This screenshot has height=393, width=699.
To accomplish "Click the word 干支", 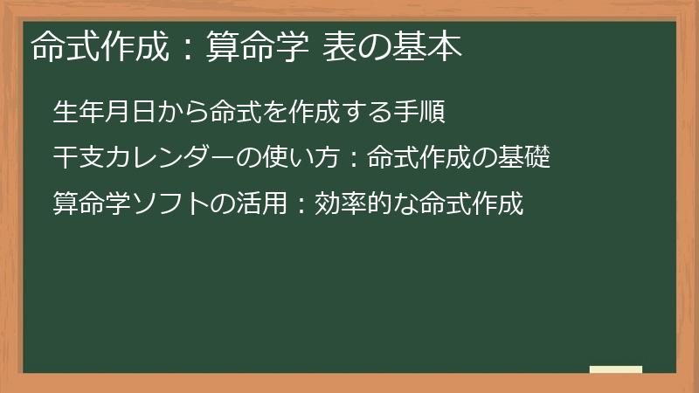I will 78,158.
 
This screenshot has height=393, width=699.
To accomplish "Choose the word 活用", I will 261,203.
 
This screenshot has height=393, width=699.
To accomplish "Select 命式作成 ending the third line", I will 471,203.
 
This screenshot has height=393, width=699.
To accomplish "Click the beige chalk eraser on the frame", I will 615,370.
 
